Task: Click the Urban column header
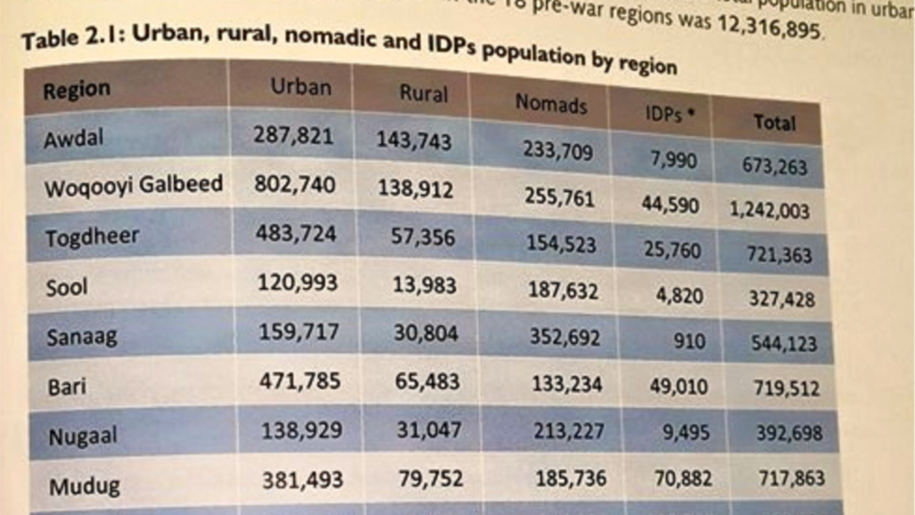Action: [301, 86]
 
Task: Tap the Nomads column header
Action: [551, 103]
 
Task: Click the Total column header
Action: [774, 123]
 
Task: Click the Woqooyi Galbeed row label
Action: [134, 186]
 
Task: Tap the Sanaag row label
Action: [81, 336]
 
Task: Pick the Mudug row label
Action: [84, 486]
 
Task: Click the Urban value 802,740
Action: [295, 184]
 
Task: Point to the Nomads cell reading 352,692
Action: [566, 337]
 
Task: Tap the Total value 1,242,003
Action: [770, 211]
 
